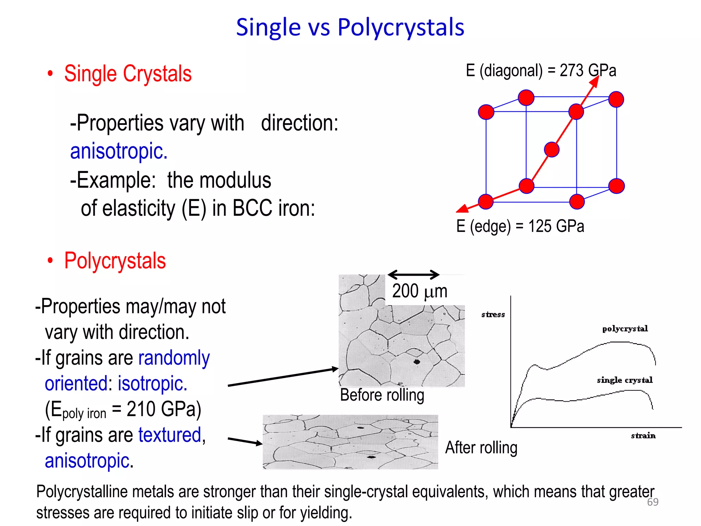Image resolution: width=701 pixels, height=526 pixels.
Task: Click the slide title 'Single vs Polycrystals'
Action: coord(350,27)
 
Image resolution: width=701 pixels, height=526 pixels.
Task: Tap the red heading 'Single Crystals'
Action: coord(128,74)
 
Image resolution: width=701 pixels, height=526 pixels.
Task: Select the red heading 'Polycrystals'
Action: coord(115,261)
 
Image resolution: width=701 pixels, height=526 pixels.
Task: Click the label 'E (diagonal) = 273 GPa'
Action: coord(540,71)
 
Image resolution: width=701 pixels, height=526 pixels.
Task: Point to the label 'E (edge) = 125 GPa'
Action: coord(520,226)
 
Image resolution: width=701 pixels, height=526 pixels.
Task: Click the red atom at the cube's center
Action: coord(551,150)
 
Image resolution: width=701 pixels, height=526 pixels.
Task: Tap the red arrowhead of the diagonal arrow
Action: coord(595,82)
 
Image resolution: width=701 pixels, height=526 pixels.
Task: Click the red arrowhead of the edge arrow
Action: coord(462,208)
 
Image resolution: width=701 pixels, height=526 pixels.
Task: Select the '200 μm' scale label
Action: coord(420,291)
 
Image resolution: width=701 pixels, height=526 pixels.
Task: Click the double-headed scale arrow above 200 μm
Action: coord(413,274)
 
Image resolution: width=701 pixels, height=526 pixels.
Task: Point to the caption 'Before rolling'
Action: coord(382,395)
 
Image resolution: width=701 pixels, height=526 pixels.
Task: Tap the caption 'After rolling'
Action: coord(481,448)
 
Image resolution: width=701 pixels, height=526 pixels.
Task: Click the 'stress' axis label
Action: coord(493,314)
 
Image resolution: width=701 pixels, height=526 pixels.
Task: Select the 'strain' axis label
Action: coord(643,436)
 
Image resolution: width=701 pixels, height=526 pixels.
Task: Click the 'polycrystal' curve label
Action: coord(625,329)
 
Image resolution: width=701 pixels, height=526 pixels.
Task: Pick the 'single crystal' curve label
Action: coord(625,380)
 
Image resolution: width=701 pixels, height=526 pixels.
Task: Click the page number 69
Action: coord(652,502)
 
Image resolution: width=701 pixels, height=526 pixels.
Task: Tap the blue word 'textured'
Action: coord(170,435)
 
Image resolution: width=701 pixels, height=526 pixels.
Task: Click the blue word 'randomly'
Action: coord(174,358)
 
